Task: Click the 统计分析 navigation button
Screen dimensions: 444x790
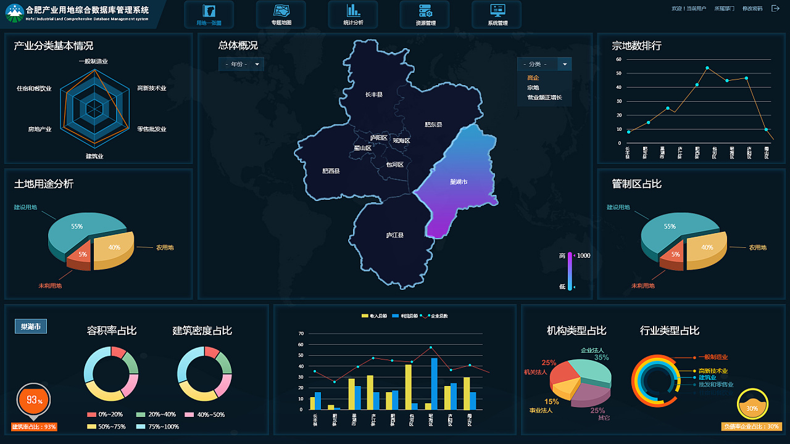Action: click(353, 14)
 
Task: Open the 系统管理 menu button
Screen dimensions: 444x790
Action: click(497, 14)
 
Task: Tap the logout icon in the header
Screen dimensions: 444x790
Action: click(776, 9)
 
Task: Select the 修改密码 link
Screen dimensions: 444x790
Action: click(752, 9)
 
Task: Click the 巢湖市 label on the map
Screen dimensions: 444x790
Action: click(459, 182)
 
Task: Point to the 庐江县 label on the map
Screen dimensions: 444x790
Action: click(394, 235)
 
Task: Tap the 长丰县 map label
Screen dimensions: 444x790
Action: click(374, 95)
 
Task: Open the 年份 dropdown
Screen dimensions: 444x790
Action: click(241, 64)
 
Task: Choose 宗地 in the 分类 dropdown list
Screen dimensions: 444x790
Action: click(533, 88)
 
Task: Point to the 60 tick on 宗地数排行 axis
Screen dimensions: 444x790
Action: click(619, 60)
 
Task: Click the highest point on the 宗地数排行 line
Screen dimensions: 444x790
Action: click(707, 68)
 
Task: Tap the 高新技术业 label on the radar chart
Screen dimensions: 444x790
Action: click(152, 88)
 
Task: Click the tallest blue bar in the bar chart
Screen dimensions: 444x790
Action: click(434, 382)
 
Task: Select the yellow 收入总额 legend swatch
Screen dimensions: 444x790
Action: click(365, 316)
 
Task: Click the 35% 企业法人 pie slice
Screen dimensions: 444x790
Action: click(592, 370)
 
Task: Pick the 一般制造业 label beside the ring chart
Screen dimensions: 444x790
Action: click(713, 357)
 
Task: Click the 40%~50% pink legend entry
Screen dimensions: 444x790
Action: click(202, 414)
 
